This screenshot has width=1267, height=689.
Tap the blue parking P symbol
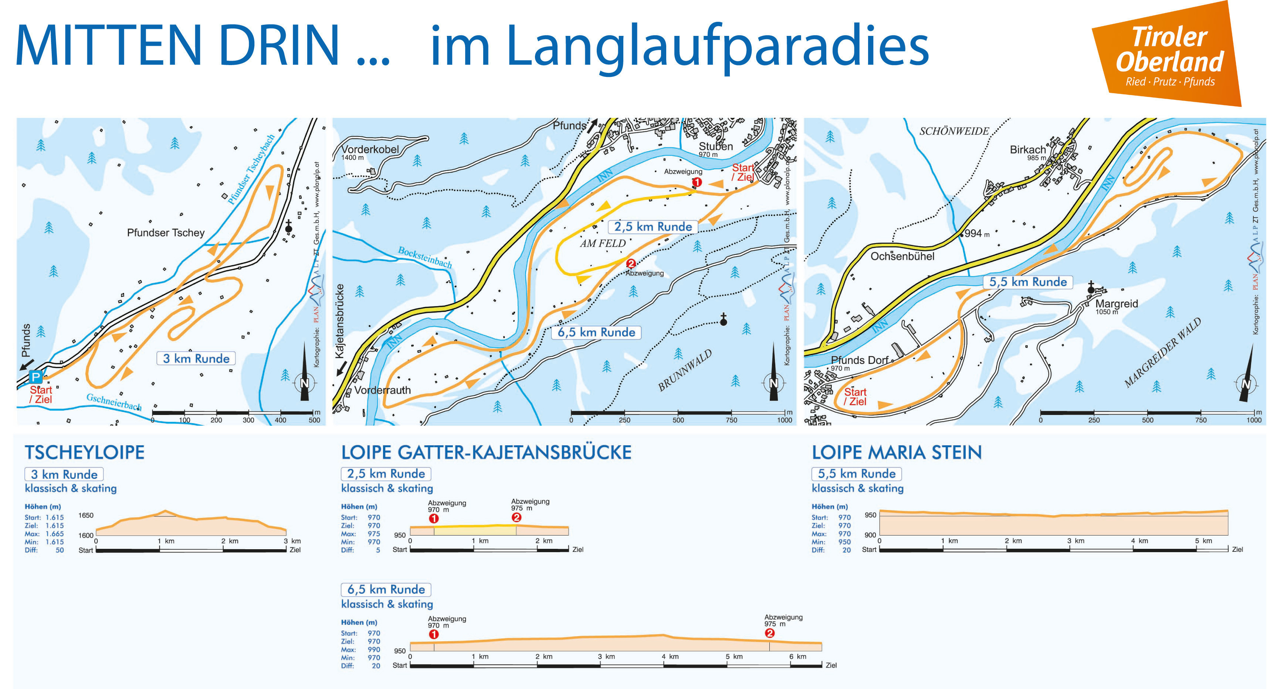point(35,377)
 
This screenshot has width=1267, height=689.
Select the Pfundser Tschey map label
point(165,232)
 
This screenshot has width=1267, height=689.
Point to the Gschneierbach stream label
point(114,401)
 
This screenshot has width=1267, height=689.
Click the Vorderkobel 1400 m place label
point(370,152)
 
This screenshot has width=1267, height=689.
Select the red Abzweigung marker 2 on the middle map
point(631,264)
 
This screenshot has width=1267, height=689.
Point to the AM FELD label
point(603,243)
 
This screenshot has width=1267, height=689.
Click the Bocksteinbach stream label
point(424,257)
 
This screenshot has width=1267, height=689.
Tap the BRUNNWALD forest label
point(685,370)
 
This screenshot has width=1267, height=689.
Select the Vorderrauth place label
point(382,390)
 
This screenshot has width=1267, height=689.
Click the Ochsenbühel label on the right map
point(902,256)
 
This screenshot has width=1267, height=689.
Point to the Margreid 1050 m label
point(1116,306)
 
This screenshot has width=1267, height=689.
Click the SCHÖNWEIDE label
point(954,131)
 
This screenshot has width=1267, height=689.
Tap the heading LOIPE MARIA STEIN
point(896,452)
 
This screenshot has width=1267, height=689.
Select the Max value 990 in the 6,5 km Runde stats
point(374,650)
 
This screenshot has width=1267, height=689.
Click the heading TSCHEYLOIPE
point(85,452)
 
